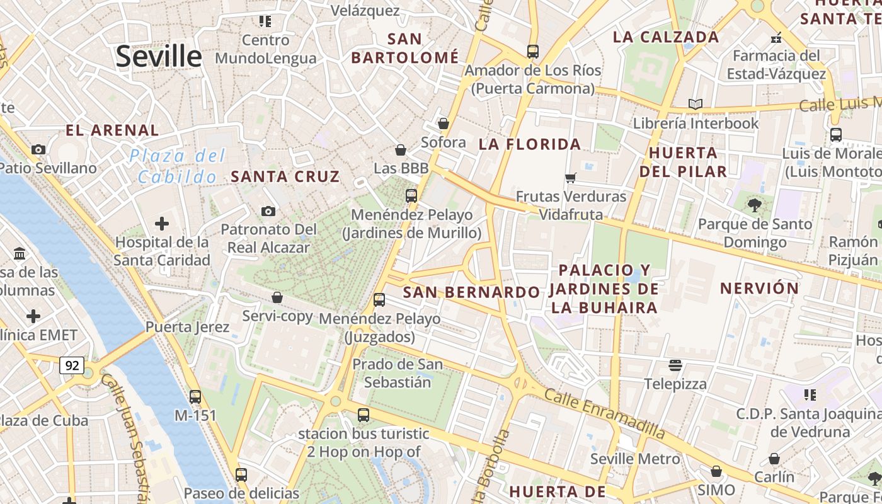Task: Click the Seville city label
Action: [x=159, y=57]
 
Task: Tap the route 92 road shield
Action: [x=72, y=365]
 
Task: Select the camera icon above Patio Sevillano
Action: [x=38, y=150]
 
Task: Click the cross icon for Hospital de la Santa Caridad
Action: [x=162, y=224]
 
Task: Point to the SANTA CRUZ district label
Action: [x=285, y=177]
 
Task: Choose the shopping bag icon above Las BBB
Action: [x=400, y=150]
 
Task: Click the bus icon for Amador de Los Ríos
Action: [x=533, y=52]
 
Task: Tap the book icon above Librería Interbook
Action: [x=696, y=105]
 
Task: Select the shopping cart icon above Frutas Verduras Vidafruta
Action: [x=571, y=178]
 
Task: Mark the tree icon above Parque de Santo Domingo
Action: [x=754, y=205]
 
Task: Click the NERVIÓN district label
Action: [x=759, y=289]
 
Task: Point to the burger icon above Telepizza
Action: [x=675, y=365]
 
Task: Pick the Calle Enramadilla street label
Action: [x=604, y=414]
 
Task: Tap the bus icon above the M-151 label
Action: [x=195, y=397]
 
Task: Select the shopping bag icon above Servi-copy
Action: [x=277, y=297]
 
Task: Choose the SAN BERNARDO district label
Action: [x=471, y=292]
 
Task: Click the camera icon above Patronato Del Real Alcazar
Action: [x=269, y=211]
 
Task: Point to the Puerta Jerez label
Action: [x=187, y=327]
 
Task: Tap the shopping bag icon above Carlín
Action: [x=774, y=459]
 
